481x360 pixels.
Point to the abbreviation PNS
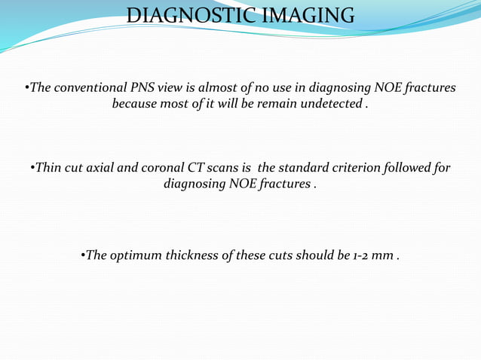click(146, 88)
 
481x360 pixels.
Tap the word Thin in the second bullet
click(48, 167)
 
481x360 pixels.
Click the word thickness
click(192, 255)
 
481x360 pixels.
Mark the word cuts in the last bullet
click(274, 255)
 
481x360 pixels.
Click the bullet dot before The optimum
click(82, 255)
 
